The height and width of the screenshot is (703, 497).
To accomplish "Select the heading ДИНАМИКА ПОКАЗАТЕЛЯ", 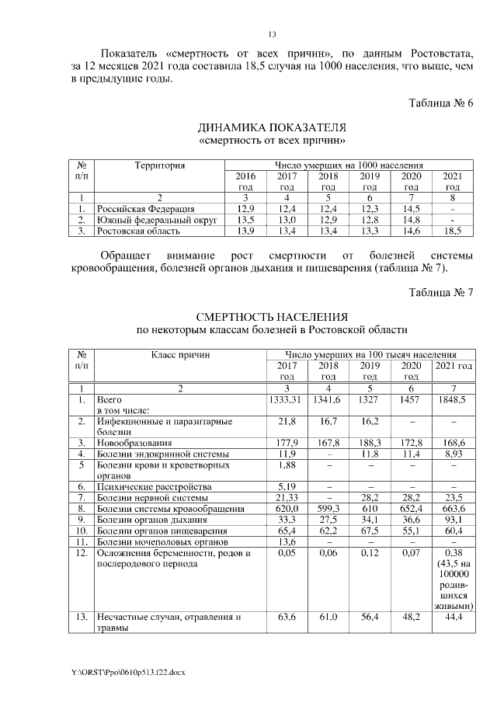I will [272, 127].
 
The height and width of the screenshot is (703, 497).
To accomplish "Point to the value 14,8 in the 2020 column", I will [411, 220].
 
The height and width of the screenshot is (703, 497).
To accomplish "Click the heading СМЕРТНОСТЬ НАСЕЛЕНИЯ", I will [272, 317].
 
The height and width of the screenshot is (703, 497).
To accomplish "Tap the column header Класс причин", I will [181, 354].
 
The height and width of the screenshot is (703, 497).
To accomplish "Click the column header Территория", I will [159, 165].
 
